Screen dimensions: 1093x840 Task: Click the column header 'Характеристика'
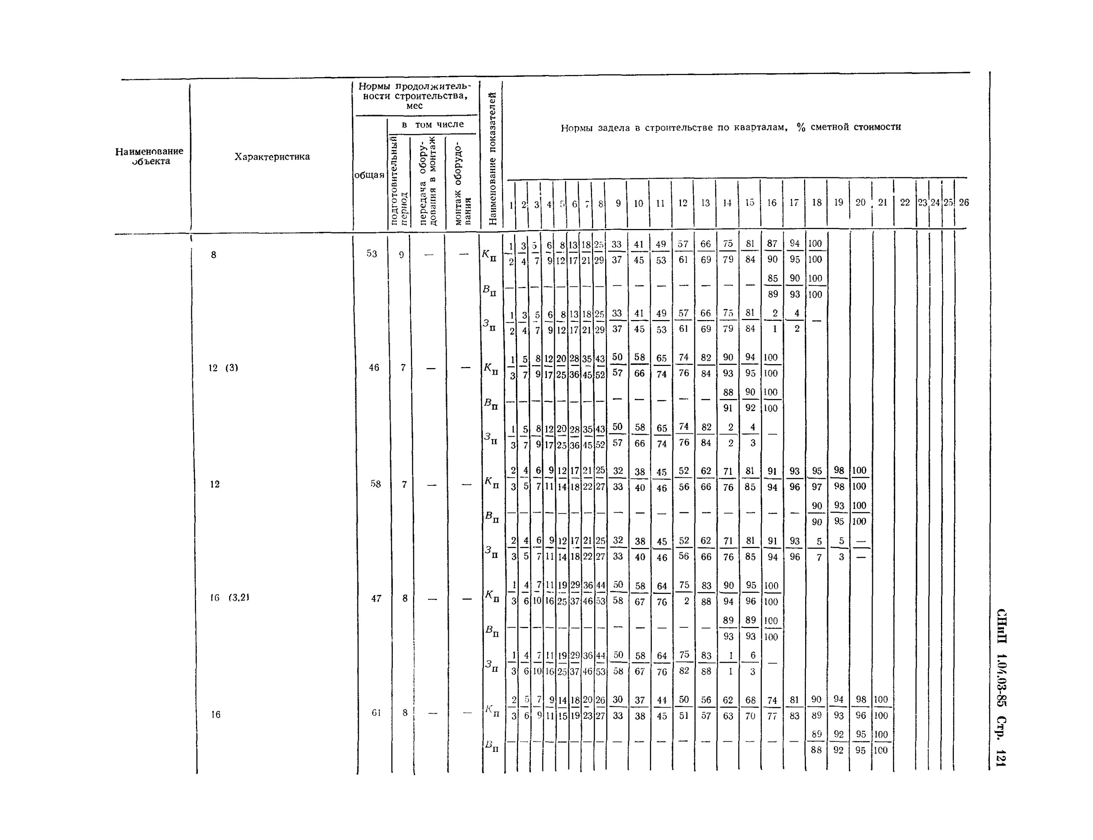[x=272, y=157]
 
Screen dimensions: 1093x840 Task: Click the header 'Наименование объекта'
[x=149, y=156]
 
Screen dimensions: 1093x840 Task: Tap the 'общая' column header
[x=369, y=175]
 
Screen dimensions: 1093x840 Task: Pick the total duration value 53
[x=371, y=253]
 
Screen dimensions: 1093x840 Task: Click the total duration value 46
[x=374, y=367]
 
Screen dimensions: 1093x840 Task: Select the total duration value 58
[x=375, y=484]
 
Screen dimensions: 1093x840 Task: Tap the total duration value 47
[x=376, y=598]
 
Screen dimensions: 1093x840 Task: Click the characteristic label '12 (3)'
[x=223, y=368]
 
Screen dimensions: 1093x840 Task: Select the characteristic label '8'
[x=213, y=255]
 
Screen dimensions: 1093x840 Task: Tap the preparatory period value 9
[x=401, y=255]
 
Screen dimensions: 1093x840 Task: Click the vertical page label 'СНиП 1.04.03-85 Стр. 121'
[x=1000, y=687]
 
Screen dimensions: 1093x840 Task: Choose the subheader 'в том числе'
[x=433, y=125]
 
